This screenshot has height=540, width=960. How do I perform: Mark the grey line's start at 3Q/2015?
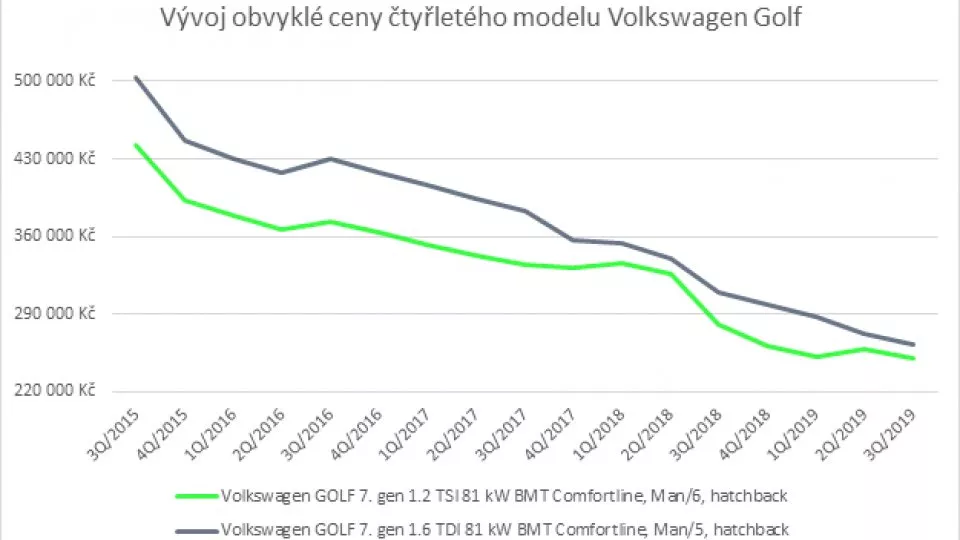point(135,77)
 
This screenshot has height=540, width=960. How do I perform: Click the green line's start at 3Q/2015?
point(135,145)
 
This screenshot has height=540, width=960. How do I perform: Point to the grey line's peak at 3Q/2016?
point(330,159)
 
